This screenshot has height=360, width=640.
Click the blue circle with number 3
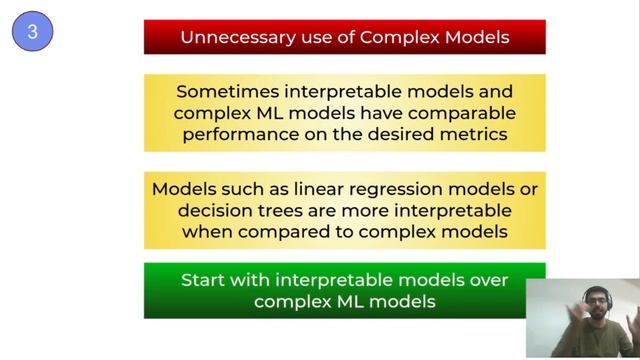[32, 32]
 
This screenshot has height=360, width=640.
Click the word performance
[241, 134]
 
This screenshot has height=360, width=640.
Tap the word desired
[403, 134]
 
